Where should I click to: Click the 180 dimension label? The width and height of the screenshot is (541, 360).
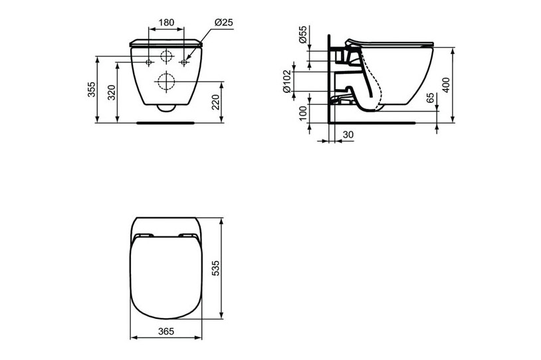[x=166, y=22]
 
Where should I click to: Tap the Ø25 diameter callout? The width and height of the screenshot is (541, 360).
[x=223, y=22]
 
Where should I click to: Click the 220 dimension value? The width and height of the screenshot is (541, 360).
[x=216, y=102]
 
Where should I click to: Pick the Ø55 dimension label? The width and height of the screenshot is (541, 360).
[x=303, y=35]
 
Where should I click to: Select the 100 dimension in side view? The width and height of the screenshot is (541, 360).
[x=304, y=112]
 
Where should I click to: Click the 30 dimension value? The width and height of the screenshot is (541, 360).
[x=347, y=134]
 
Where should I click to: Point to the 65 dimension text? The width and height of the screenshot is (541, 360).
[x=431, y=98]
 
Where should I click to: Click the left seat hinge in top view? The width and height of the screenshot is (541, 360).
[x=143, y=236]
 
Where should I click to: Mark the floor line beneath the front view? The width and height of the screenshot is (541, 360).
[x=166, y=122]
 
